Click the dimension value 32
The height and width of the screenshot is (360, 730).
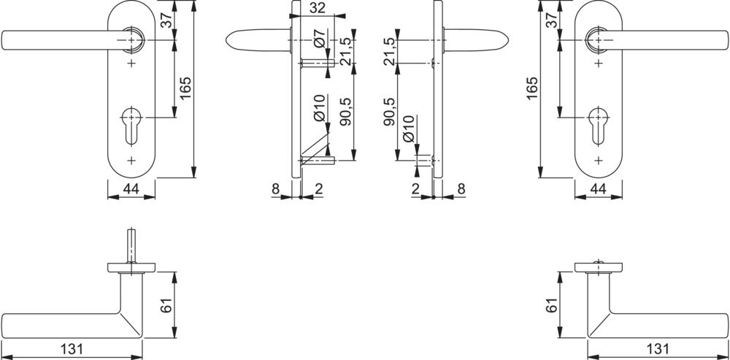pyautogui.click(x=317, y=8)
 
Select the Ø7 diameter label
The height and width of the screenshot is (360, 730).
pyautogui.click(x=320, y=37)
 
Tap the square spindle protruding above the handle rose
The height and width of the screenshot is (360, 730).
pyautogui.click(x=131, y=246)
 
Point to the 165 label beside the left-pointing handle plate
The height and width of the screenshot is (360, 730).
pyautogui.click(x=185, y=88)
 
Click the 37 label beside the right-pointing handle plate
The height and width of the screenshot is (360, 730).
pyautogui.click(x=550, y=20)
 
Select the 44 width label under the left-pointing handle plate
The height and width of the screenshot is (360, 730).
pyautogui.click(x=131, y=189)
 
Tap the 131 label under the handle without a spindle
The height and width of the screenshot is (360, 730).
pyautogui.click(x=658, y=349)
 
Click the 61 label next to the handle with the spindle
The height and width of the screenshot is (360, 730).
pyautogui.click(x=168, y=305)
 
